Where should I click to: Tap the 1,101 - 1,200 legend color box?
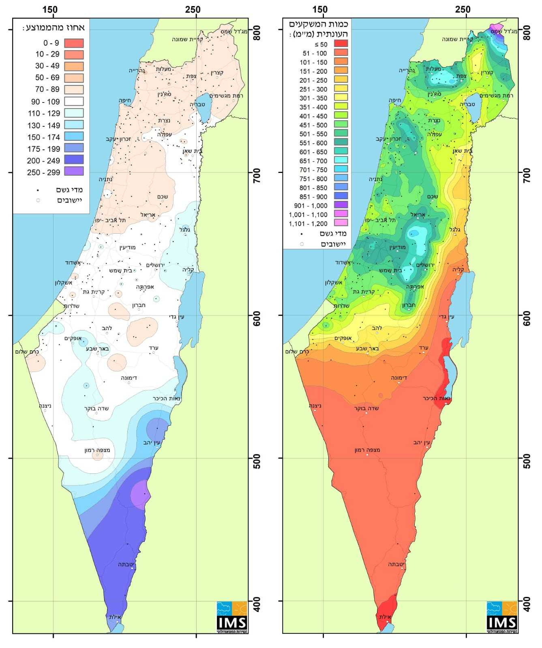tap(341, 223)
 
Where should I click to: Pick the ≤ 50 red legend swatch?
tap(341, 44)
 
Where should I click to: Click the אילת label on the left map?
tap(115, 617)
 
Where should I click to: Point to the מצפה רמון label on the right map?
tap(367, 450)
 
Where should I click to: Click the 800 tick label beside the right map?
tap(526, 33)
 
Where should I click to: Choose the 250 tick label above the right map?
tap(463, 9)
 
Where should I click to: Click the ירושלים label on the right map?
tap(425, 265)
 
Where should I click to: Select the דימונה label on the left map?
tap(129, 377)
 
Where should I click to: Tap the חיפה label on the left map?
tap(124, 100)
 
